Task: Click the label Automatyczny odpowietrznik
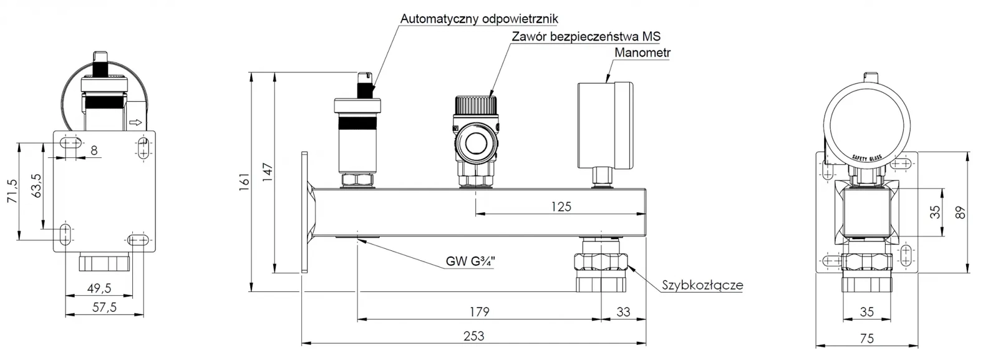click(479, 19)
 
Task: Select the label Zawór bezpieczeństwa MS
click(586, 36)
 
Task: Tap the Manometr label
click(642, 52)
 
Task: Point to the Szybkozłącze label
click(702, 285)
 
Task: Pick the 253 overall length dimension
click(474, 336)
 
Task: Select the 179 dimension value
click(479, 311)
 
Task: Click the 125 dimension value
click(561, 207)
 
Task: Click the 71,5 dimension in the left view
click(12, 191)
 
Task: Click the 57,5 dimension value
click(104, 307)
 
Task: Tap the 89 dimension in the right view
click(961, 212)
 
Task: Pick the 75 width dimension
click(866, 338)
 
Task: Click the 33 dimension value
click(623, 311)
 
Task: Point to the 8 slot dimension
click(94, 150)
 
